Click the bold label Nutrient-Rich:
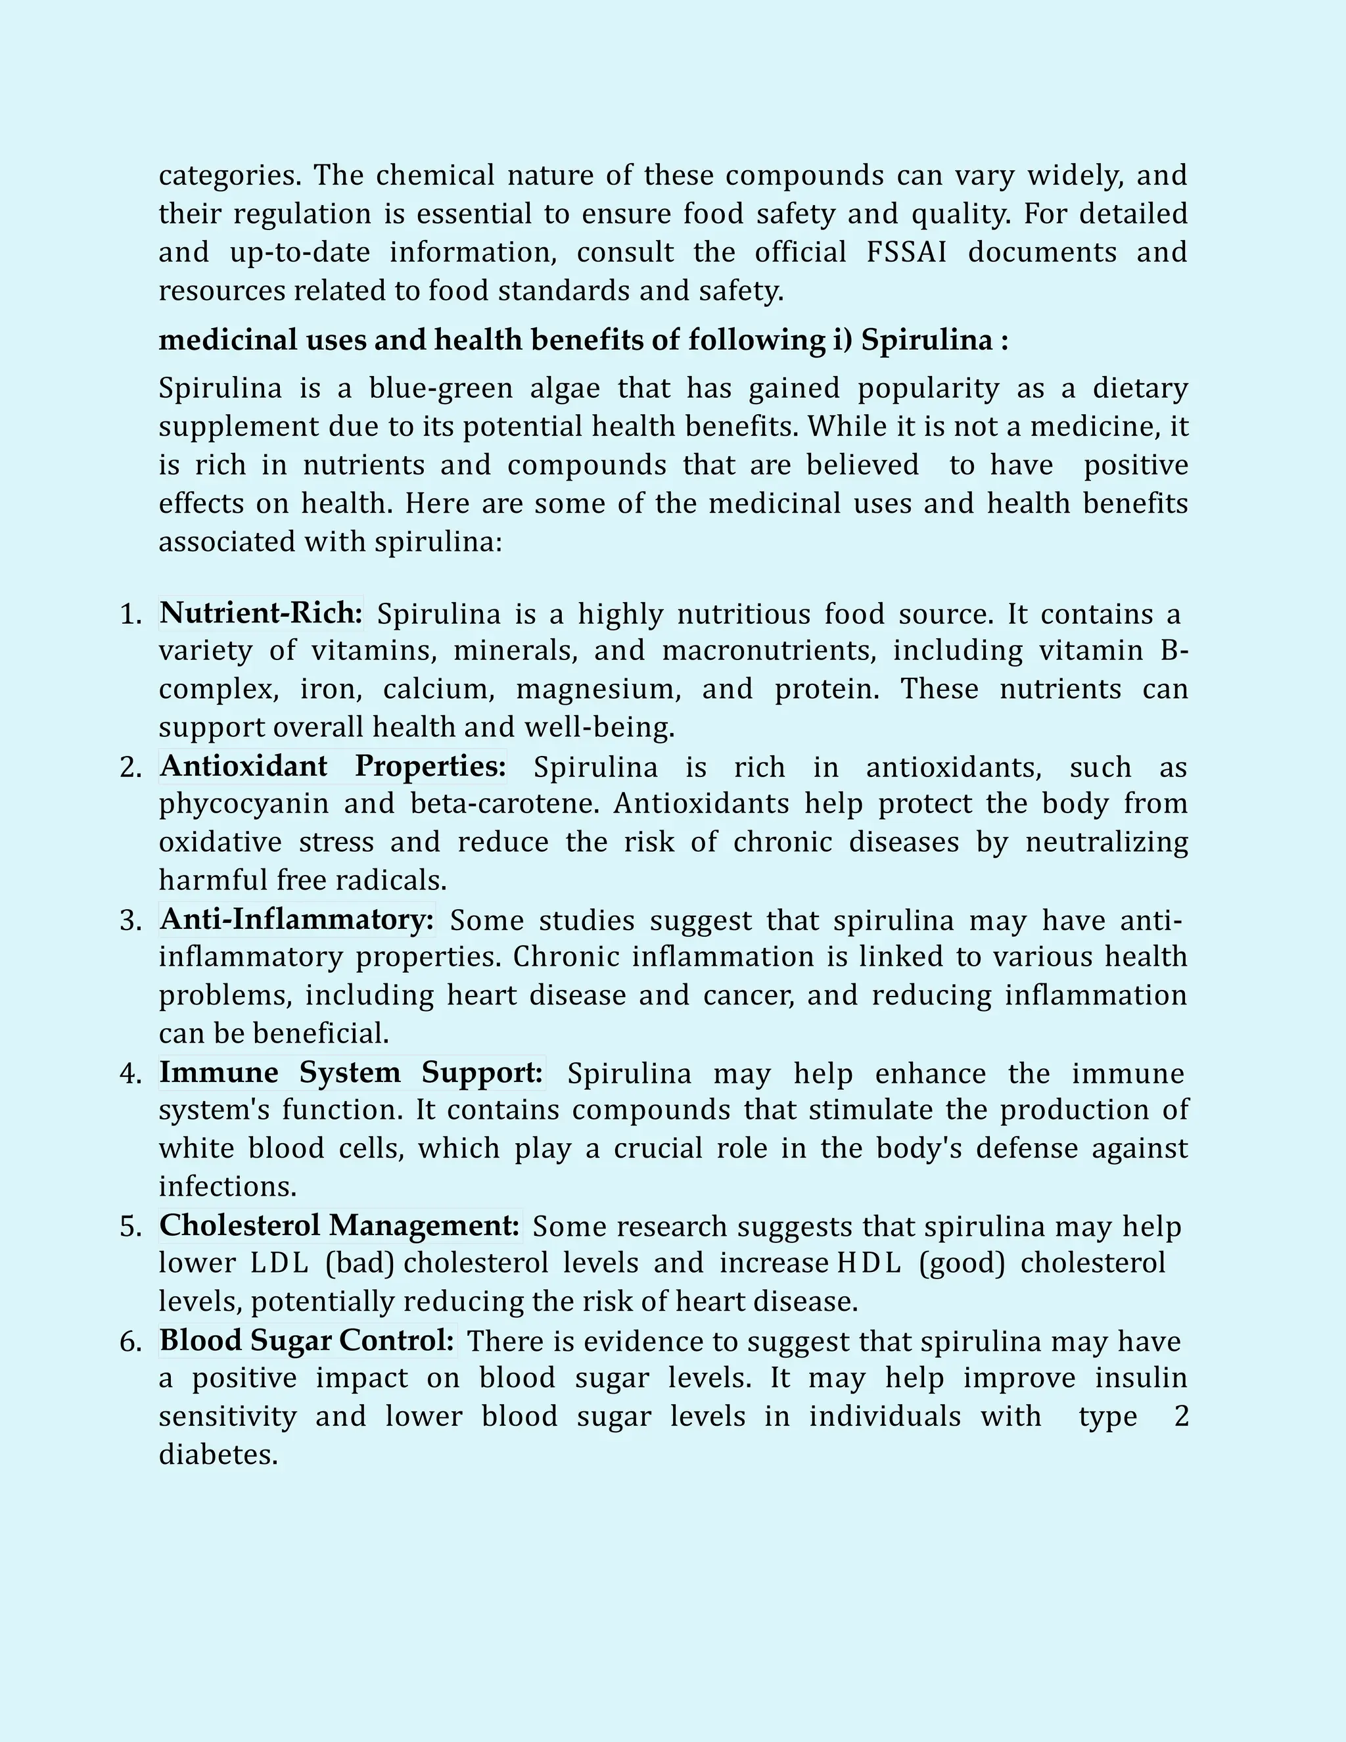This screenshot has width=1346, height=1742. pos(262,613)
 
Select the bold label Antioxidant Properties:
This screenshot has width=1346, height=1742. pos(333,766)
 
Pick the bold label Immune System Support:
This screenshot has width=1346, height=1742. pos(352,1072)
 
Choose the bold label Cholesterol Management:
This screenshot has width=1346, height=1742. pos(340,1225)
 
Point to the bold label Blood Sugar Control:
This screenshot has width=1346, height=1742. pos(308,1340)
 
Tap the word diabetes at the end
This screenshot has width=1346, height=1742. pos(218,1455)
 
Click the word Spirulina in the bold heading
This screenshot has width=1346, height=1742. pos(927,341)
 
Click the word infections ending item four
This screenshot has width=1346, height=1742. pos(227,1187)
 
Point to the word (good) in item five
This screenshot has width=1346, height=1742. pos(962,1263)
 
